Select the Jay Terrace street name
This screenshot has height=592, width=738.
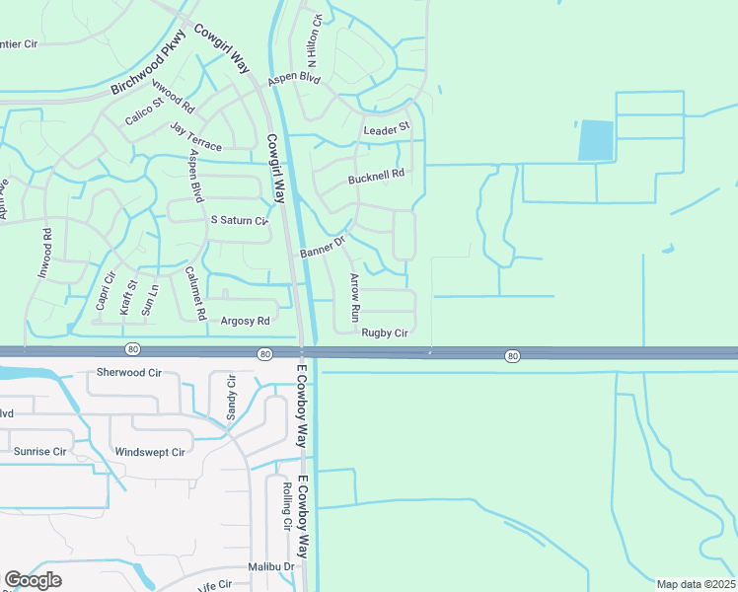(x=195, y=137)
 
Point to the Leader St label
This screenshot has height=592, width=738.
(x=386, y=129)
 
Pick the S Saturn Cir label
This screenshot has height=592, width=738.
(x=239, y=221)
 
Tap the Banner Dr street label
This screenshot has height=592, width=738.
(x=324, y=248)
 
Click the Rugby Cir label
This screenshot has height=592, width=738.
(x=385, y=333)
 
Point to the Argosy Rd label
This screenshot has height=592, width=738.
(x=245, y=321)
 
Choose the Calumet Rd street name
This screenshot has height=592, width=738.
(x=195, y=293)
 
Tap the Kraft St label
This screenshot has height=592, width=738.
(x=127, y=296)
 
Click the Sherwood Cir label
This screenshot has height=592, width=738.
(x=128, y=373)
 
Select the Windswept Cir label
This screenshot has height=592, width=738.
(x=150, y=452)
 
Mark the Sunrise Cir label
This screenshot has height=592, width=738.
(x=39, y=451)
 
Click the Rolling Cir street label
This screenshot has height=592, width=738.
(x=286, y=505)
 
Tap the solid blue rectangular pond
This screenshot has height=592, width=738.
(x=596, y=140)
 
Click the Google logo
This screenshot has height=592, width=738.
(x=33, y=580)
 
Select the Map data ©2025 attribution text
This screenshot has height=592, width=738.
(x=696, y=584)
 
